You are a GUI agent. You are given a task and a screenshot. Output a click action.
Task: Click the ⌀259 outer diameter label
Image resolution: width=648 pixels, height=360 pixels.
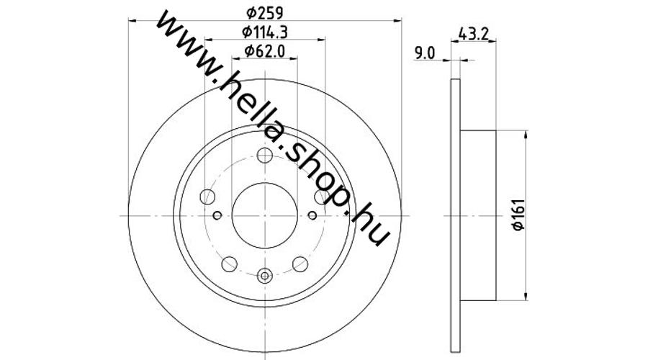tap(265, 14)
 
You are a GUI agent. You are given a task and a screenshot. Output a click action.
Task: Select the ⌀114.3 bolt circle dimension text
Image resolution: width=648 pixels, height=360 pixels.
tap(265, 32)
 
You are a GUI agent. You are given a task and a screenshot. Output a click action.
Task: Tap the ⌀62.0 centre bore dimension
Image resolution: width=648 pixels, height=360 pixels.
tap(265, 51)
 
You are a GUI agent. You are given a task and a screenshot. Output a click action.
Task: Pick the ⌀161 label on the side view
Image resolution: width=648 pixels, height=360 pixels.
tap(518, 215)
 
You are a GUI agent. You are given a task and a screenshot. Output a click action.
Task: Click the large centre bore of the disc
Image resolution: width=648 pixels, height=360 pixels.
tap(264, 215)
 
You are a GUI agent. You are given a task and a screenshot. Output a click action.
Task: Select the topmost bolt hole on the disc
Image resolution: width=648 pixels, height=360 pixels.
tap(264, 156)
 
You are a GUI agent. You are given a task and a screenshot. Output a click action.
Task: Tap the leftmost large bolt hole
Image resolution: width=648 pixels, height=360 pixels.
tap(207, 197)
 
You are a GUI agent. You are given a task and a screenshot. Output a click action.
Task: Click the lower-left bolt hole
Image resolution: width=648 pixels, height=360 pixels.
tap(230, 264)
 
